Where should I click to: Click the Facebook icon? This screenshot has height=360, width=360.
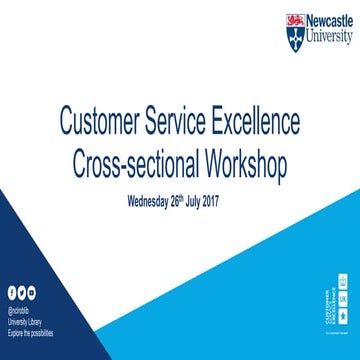click(x=11, y=291)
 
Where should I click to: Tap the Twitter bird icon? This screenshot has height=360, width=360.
click(x=21, y=291)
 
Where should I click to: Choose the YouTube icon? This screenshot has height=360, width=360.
click(x=31, y=291)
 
